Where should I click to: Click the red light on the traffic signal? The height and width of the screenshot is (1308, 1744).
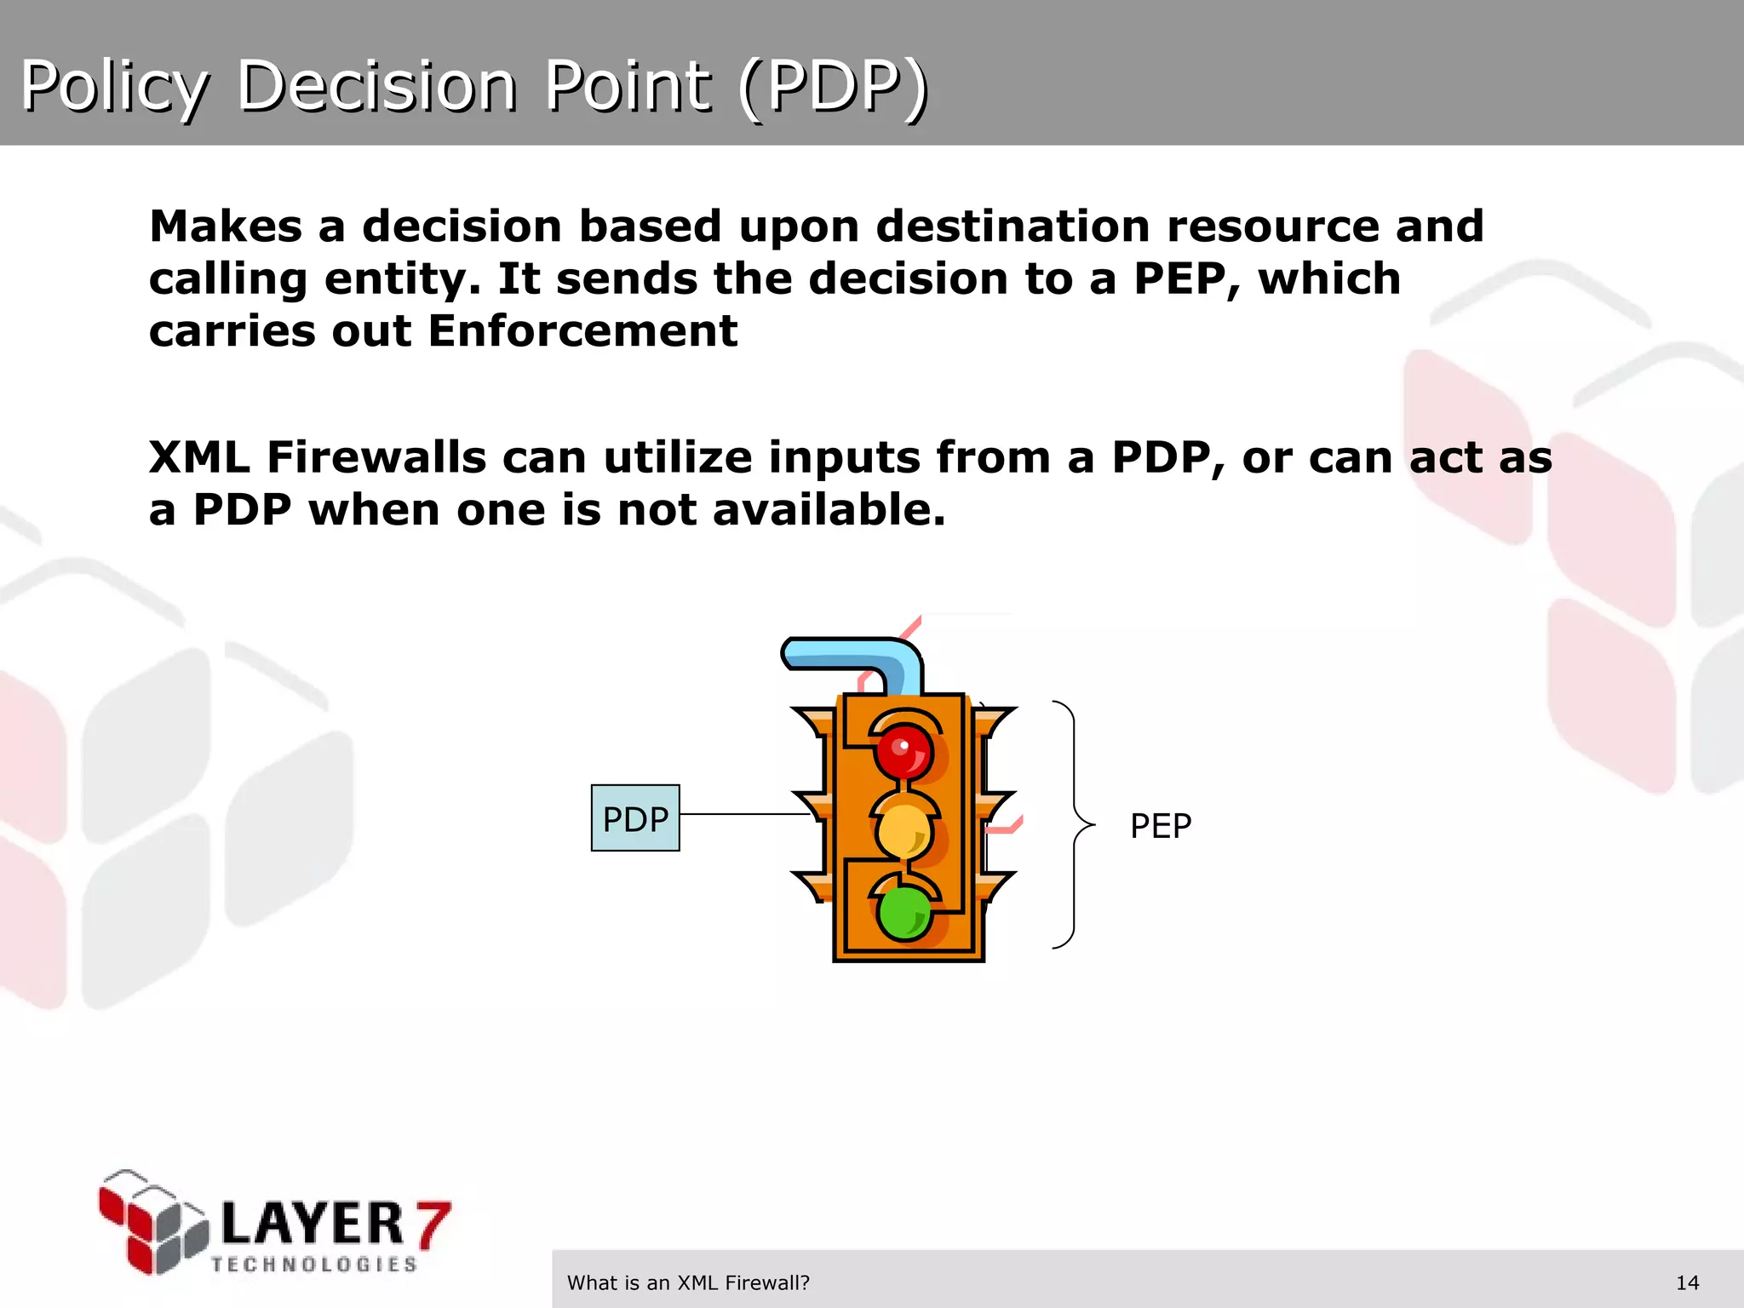[x=904, y=751]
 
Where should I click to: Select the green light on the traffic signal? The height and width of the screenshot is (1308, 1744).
[x=904, y=913]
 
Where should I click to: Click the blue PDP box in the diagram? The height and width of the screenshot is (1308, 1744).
[x=635, y=818]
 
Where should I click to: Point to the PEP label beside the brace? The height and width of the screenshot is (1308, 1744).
[x=1160, y=826]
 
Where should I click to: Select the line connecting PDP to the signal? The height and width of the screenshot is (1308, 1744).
[x=745, y=814]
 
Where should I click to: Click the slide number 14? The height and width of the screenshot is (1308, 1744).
[x=1687, y=1282]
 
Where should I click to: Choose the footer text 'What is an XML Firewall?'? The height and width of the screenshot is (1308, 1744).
[x=688, y=1282]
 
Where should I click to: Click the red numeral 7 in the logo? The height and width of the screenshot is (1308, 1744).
[x=433, y=1224]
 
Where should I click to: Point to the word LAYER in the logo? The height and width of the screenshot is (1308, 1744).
[x=312, y=1224]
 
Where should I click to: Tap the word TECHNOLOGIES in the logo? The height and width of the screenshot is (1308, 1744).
[x=314, y=1265]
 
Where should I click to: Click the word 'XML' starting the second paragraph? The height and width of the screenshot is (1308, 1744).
[x=199, y=457]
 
